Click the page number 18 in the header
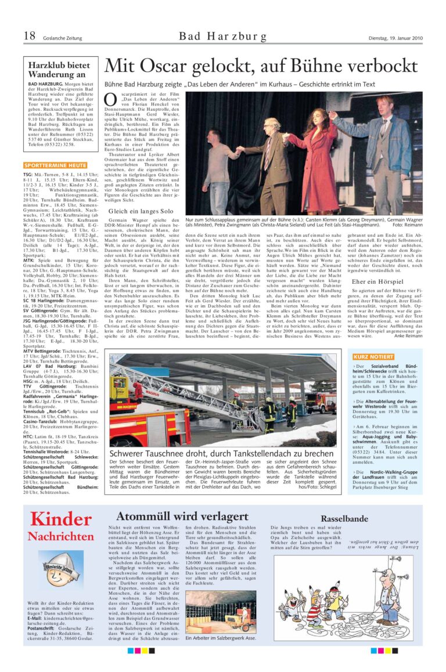coord(29,37)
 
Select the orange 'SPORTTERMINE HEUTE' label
coord(55,165)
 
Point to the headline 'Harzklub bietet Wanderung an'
coord(59,70)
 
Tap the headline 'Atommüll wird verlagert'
coord(182,516)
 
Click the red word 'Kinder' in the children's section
coord(60,519)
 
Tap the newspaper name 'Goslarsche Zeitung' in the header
coord(62,39)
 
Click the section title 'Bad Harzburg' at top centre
coord(223,37)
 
